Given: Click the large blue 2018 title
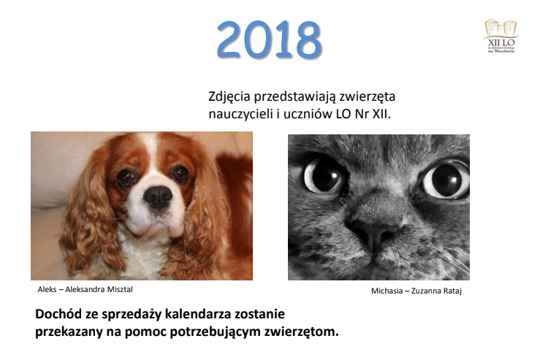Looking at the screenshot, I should pyautogui.click(x=269, y=40).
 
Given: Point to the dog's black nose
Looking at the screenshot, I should pyautogui.click(x=157, y=196).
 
